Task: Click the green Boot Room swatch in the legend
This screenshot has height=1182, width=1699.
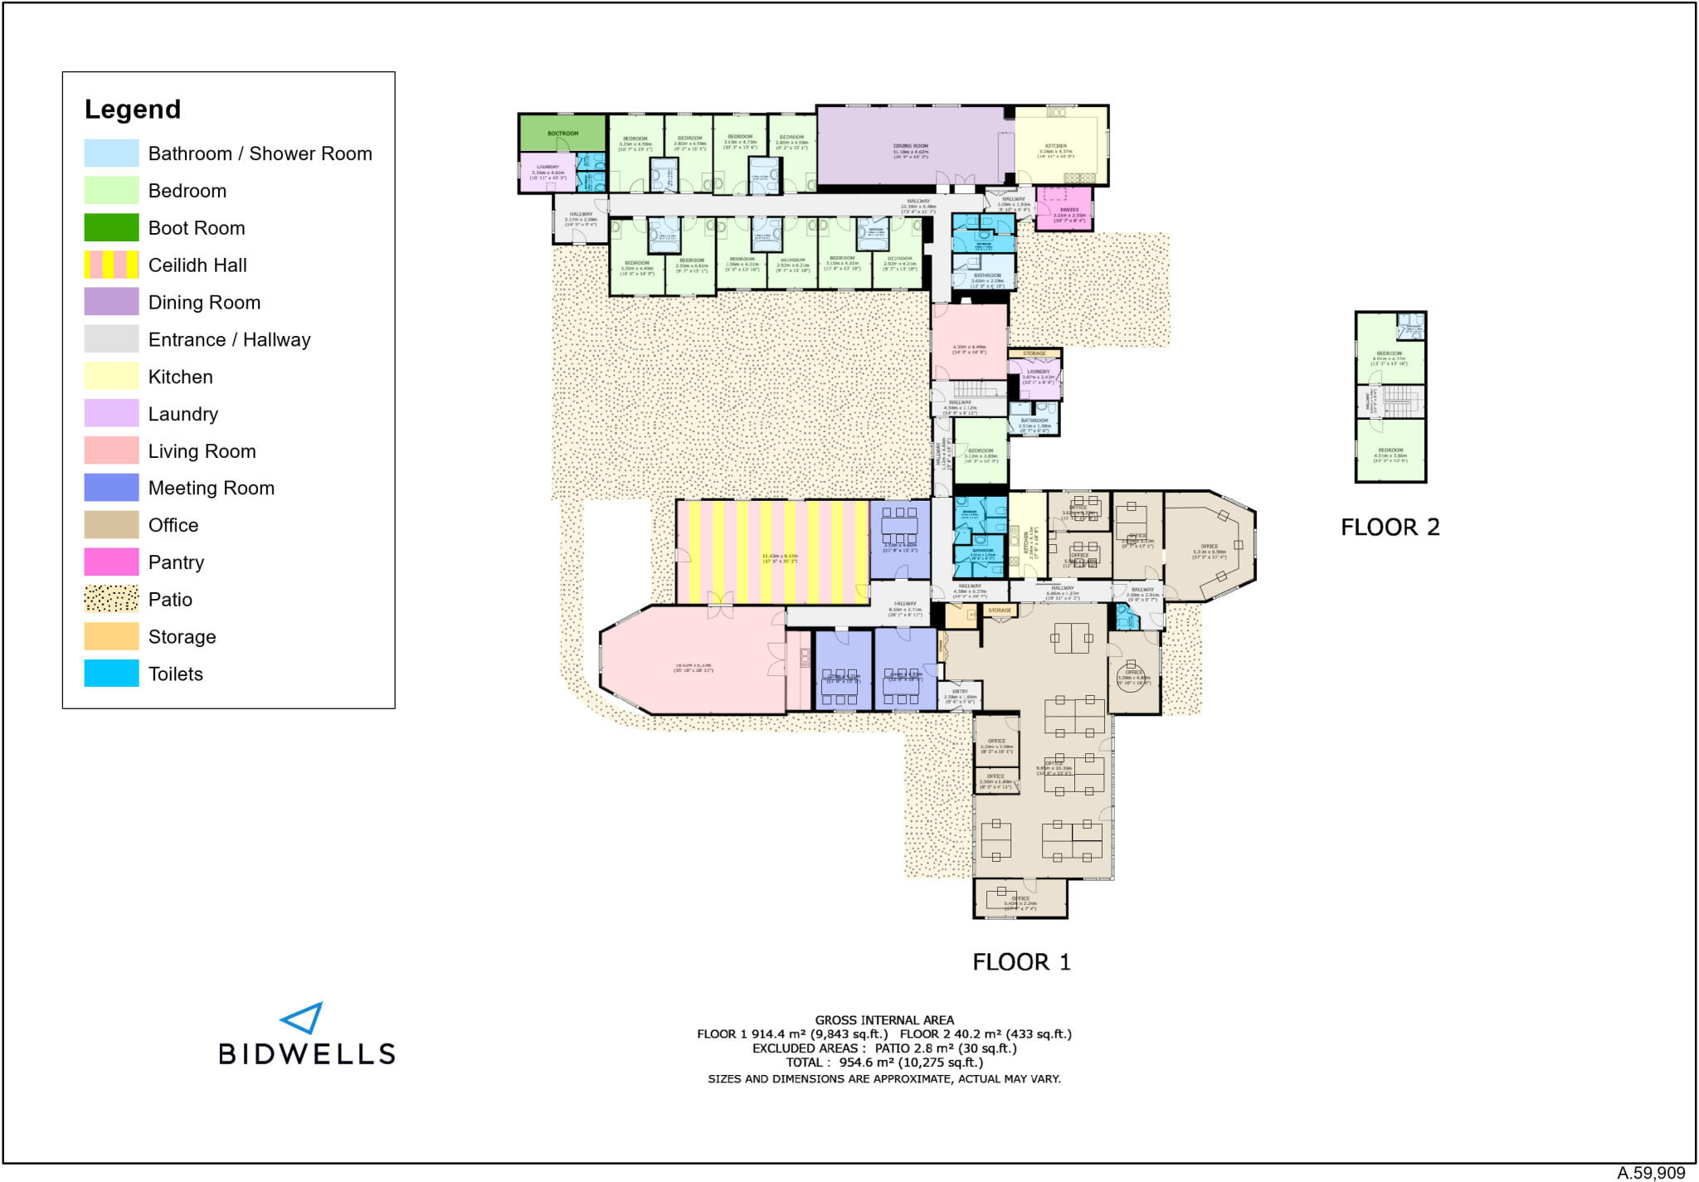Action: [111, 227]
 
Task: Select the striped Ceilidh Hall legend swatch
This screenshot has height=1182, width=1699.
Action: [111, 265]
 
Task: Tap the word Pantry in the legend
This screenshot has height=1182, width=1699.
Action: [176, 562]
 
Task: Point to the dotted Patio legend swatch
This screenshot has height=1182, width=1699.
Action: [111, 599]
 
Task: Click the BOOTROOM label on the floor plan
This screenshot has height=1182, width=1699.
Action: [562, 134]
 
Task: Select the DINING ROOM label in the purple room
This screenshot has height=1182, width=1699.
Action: [910, 146]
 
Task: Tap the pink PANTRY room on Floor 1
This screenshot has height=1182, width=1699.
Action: [1065, 209]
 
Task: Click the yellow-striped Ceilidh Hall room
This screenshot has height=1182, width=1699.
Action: [772, 552]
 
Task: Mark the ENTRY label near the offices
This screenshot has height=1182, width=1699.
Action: [960, 691]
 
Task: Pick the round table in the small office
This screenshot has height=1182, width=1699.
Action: [1133, 673]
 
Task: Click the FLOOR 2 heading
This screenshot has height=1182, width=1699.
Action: [1390, 528]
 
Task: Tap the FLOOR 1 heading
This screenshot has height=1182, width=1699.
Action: [1021, 962]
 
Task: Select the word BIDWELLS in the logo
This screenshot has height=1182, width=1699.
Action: [306, 1054]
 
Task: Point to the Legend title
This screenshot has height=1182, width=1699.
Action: [133, 109]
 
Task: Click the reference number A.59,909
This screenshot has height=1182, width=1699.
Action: [1650, 1172]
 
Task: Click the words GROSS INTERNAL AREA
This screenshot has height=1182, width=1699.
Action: [884, 1020]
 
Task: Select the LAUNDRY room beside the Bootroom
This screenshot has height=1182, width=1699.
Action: [548, 172]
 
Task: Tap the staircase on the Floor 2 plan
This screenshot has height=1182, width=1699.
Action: [1401, 401]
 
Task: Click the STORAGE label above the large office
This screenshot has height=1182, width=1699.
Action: [1000, 610]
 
